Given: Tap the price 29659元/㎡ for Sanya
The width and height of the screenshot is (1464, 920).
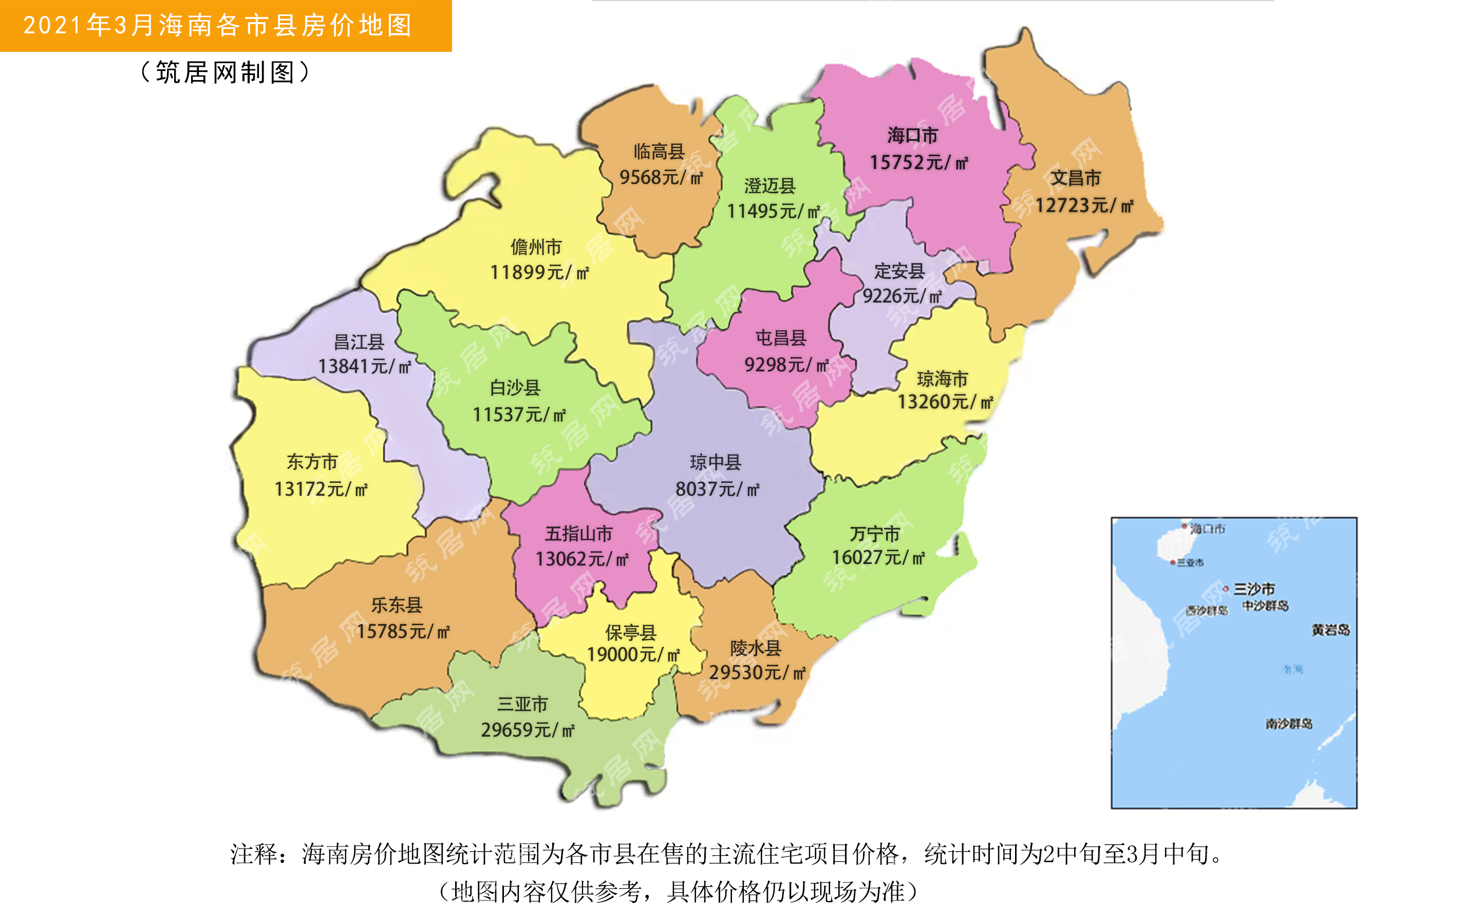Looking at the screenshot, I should click(527, 729).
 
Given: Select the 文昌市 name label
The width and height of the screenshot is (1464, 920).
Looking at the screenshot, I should click(1076, 178).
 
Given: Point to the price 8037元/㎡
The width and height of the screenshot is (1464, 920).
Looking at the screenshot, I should click(718, 489).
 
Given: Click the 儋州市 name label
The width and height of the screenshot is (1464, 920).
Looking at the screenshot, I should click(536, 247).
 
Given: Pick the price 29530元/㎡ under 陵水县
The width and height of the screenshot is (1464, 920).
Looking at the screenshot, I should click(757, 672).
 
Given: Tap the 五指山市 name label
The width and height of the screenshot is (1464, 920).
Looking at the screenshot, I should click(578, 534).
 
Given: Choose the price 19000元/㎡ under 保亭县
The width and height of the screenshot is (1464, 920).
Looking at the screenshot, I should click(633, 655).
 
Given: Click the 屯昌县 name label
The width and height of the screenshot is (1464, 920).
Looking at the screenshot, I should click(781, 338).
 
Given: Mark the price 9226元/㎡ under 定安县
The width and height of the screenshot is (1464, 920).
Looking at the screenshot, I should click(902, 296).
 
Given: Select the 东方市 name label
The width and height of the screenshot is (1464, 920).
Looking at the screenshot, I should click(312, 462).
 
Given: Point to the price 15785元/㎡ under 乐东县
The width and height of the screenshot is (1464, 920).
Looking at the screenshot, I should click(403, 631).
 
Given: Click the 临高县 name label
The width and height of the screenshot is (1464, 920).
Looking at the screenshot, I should click(659, 151).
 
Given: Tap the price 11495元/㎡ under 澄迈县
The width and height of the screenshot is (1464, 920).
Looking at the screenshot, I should click(773, 211).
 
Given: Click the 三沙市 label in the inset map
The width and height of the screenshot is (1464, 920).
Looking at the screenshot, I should click(1253, 589).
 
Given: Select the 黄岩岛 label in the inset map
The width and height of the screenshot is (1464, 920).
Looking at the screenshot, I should click(1330, 630).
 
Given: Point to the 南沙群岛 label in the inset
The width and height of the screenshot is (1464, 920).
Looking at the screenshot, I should click(1289, 724).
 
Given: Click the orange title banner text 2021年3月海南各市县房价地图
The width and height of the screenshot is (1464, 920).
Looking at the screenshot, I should click(218, 26).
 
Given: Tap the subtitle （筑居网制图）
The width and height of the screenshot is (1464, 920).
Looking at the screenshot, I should click(225, 72).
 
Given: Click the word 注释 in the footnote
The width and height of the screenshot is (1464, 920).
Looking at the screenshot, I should click(254, 854).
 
